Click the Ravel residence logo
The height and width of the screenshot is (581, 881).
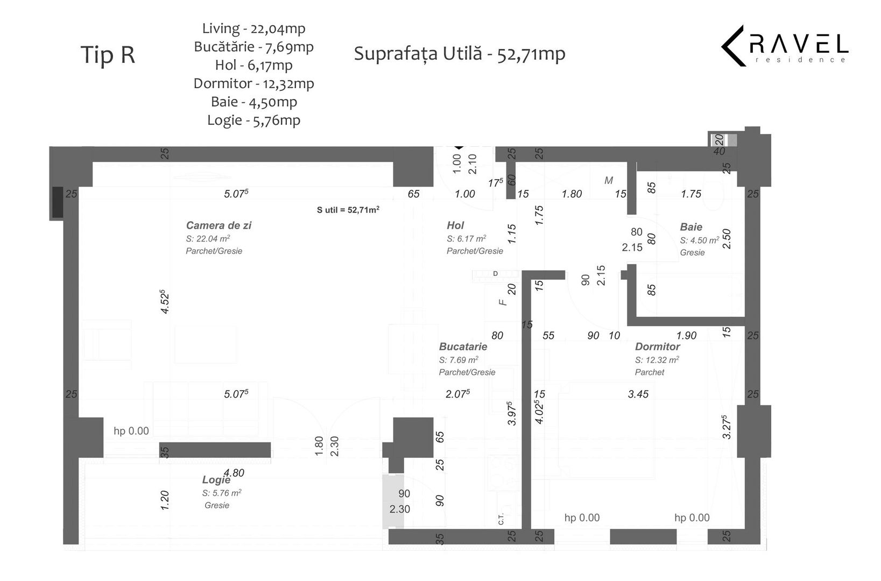[784, 46]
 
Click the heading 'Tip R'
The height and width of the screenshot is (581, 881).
[108, 55]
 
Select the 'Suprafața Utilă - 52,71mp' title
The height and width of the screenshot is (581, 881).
[460, 54]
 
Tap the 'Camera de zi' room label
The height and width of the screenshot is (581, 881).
[219, 225]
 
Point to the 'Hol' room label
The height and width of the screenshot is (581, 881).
[455, 225]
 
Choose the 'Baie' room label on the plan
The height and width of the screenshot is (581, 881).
[691, 227]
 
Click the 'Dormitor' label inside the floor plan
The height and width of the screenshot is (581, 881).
[657, 346]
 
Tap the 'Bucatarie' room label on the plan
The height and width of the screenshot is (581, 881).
[463, 346]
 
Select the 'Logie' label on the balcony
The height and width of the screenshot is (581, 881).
[216, 480]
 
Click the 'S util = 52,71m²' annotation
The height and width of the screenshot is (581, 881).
[348, 210]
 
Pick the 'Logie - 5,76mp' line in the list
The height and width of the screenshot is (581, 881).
[253, 120]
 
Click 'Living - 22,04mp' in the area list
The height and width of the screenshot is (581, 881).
[253, 29]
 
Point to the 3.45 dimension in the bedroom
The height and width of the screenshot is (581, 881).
[638, 394]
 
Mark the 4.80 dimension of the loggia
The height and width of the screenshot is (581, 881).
[234, 473]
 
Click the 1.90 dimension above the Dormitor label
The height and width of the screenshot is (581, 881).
[686, 336]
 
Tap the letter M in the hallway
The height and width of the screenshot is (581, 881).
[609, 181]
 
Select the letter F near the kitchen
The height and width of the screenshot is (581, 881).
[503, 302]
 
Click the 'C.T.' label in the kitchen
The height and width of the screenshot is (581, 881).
[501, 520]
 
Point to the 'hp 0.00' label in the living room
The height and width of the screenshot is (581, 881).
[131, 431]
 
